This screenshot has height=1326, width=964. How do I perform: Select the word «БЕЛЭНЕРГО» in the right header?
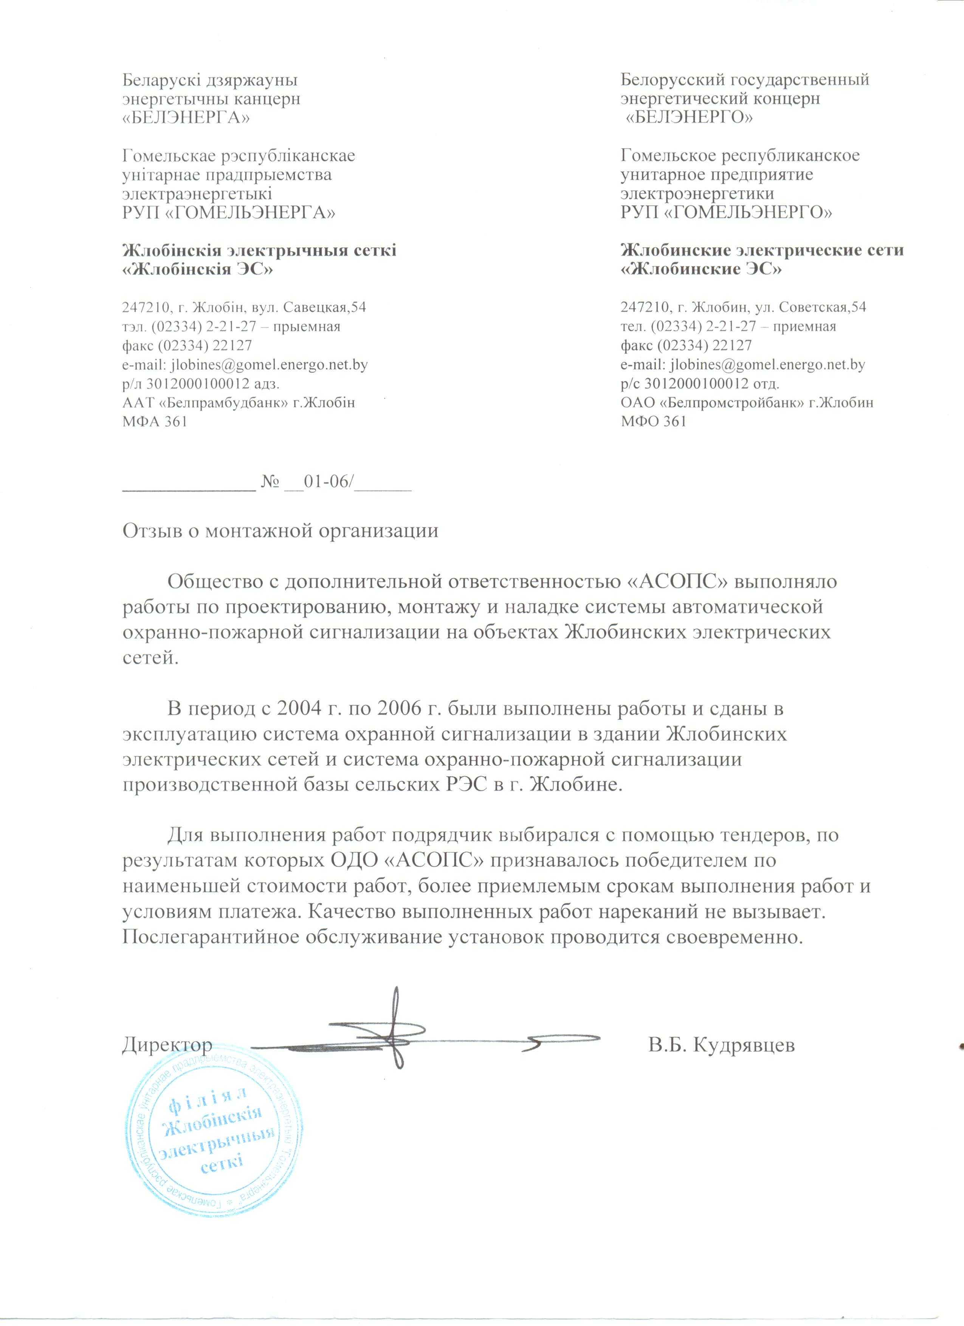tap(689, 117)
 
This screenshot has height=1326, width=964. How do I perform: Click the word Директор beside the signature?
tap(167, 1045)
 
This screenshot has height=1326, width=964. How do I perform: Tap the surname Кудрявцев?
tap(744, 1045)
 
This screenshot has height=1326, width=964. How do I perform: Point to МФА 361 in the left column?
tap(154, 421)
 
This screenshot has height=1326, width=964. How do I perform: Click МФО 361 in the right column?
tap(653, 421)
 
